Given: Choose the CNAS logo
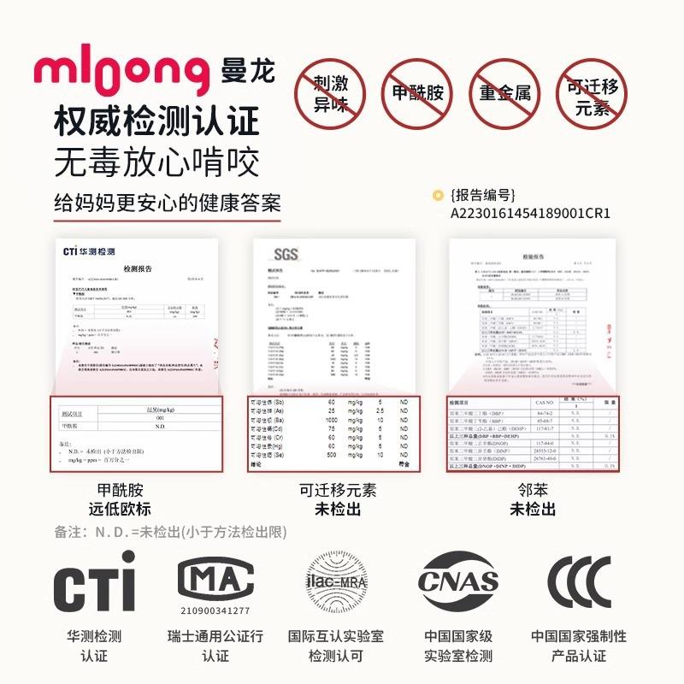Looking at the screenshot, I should [458, 582].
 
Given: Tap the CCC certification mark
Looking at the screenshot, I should [579, 582].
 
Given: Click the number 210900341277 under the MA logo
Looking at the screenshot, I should [215, 610].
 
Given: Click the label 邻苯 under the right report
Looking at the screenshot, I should [533, 491].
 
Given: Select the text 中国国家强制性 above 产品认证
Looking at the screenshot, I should [579, 637].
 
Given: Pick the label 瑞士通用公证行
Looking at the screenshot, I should [215, 637].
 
